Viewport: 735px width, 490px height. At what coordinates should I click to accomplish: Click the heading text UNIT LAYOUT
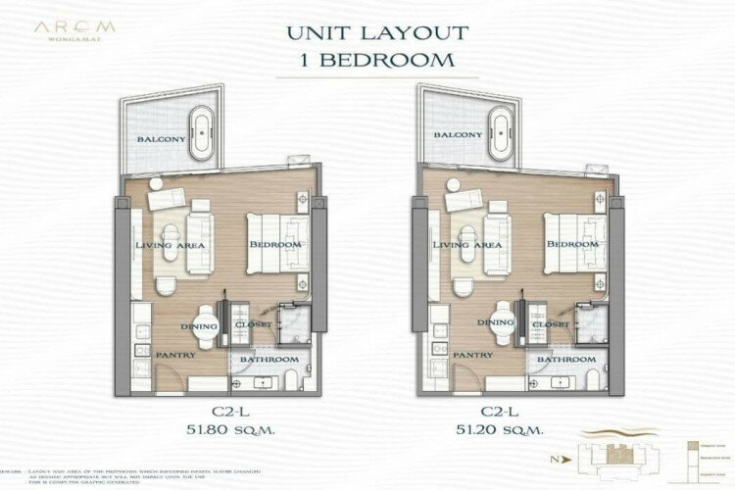pyautogui.click(x=369, y=31)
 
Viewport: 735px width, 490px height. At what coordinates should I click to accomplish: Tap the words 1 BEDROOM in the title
pyautogui.click(x=369, y=58)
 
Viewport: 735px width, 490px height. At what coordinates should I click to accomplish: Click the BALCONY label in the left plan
pyautogui.click(x=162, y=140)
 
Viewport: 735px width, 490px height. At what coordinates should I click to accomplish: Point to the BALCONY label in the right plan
pyautogui.click(x=458, y=135)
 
